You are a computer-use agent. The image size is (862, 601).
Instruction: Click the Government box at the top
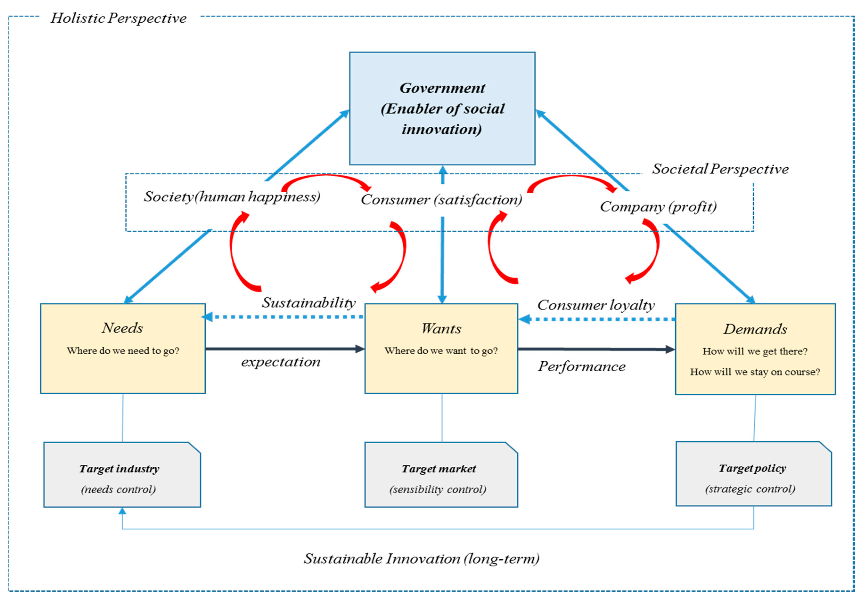[442, 109]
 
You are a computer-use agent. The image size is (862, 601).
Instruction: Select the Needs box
[123, 348]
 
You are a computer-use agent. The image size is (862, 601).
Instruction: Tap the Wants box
[441, 348]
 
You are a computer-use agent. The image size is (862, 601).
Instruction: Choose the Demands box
[755, 349]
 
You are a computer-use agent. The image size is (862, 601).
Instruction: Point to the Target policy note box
[753, 474]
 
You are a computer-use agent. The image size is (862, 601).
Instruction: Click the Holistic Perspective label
[118, 18]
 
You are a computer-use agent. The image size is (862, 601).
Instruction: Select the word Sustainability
[309, 302]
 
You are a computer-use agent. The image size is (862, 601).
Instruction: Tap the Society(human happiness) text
[232, 197]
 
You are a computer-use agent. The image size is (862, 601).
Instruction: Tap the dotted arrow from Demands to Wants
[597, 319]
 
